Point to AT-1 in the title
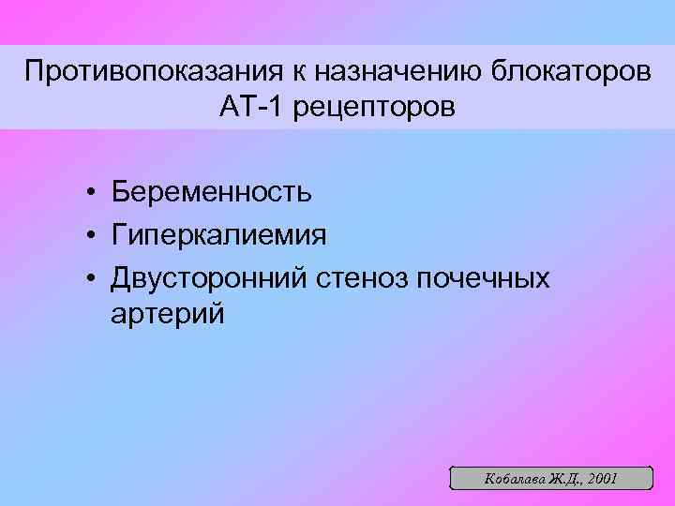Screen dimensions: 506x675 pyautogui.click(x=253, y=108)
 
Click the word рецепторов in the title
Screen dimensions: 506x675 pyautogui.click(x=375, y=108)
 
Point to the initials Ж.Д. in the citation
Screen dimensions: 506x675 pyautogui.click(x=562, y=478)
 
